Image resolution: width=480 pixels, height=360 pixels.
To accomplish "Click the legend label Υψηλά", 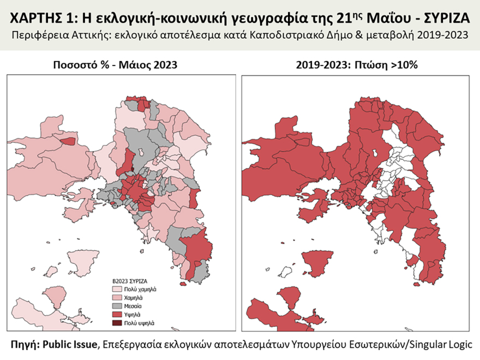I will tap(134, 315).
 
